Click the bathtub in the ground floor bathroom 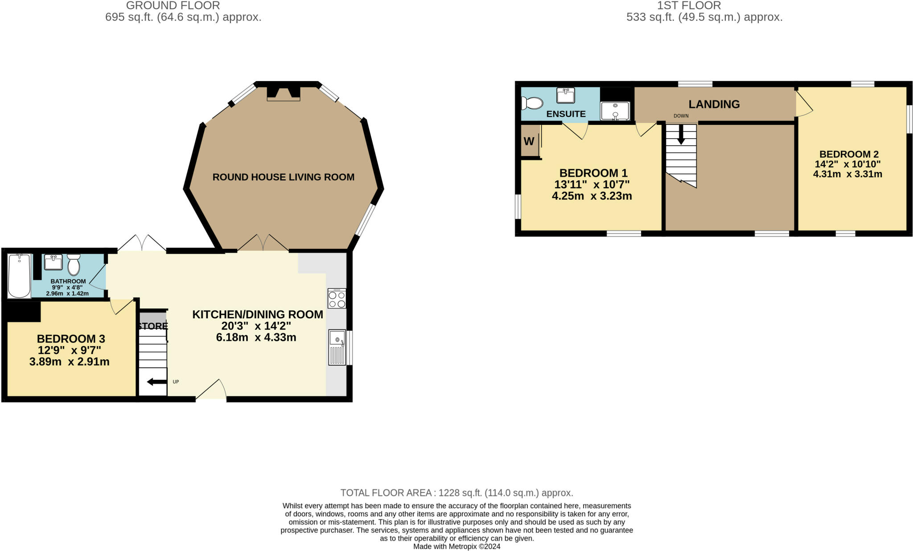pos(19,275)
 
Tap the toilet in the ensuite pos(532,103)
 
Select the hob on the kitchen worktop pos(337,299)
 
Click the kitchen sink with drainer pos(337,347)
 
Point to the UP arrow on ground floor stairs pos(156,382)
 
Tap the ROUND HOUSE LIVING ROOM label pos(283,177)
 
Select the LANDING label pos(714,104)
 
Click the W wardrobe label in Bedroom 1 pos(529,141)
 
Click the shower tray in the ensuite pos(615,111)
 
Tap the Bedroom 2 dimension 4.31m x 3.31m pos(847,174)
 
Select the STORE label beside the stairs pos(152,326)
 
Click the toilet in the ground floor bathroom pos(74,265)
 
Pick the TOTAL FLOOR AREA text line pos(456,493)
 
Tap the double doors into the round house pos(263,243)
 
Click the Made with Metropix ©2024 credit pos(456,547)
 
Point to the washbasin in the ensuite pos(565,95)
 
